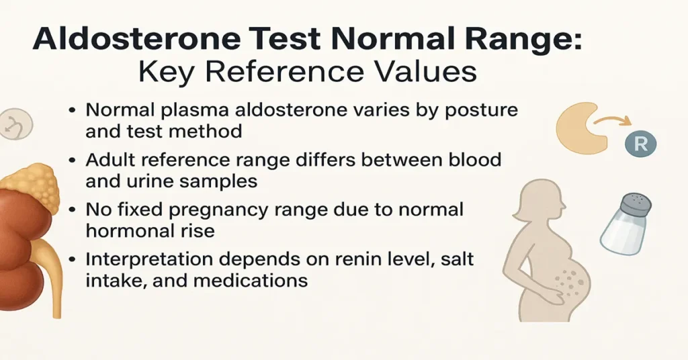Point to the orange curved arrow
pos(611,120)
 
